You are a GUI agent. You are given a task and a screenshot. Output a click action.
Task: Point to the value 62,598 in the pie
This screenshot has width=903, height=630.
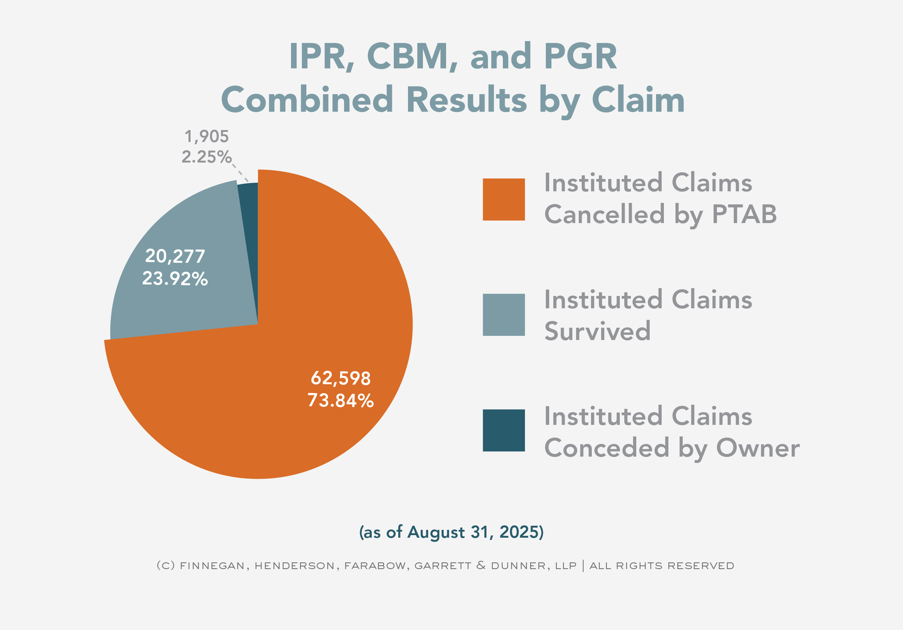point(341,378)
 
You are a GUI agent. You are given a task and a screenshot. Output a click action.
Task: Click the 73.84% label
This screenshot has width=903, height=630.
point(341,401)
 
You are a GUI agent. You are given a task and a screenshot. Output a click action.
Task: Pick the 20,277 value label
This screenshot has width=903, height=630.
point(175,256)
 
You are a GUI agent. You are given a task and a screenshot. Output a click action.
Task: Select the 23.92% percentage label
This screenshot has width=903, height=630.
point(175,279)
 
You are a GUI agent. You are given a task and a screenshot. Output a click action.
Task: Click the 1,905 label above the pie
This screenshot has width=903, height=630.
point(207,137)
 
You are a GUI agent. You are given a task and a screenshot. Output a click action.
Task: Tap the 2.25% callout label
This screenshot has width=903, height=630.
point(207,157)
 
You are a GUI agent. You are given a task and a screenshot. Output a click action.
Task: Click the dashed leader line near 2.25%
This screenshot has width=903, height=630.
point(240,173)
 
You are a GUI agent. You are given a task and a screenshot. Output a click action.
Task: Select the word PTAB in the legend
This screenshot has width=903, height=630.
point(744,215)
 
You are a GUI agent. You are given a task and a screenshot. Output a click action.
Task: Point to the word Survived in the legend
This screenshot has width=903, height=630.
point(597,331)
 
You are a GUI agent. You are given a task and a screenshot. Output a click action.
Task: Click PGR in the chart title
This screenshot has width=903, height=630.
point(581,57)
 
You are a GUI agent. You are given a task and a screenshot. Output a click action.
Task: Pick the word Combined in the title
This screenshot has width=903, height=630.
point(307,100)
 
